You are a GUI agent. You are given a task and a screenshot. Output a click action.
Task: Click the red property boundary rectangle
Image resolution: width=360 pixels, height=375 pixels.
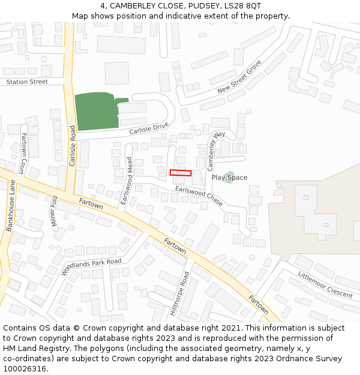[181, 173]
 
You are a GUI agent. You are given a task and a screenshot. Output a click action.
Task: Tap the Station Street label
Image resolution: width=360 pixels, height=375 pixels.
[26, 82]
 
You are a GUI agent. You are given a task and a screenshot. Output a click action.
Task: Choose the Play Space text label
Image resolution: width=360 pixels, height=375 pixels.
[229, 178]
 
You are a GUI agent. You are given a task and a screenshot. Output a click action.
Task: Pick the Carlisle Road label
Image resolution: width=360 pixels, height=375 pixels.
[72, 146]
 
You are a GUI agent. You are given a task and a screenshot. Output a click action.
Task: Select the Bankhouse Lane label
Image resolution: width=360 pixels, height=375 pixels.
[10, 206]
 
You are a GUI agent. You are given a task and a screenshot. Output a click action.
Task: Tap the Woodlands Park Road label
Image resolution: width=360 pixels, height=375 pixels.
[91, 266]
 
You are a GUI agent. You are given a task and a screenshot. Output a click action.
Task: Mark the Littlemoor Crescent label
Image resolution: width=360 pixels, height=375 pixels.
[325, 284]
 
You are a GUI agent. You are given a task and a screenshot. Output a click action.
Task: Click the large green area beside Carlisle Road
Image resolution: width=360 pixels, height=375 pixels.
[93, 112]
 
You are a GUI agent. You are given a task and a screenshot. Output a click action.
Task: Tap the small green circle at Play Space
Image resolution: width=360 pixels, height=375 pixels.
[229, 178]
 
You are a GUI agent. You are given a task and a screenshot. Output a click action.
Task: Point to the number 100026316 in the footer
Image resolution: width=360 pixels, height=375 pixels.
[25, 368]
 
